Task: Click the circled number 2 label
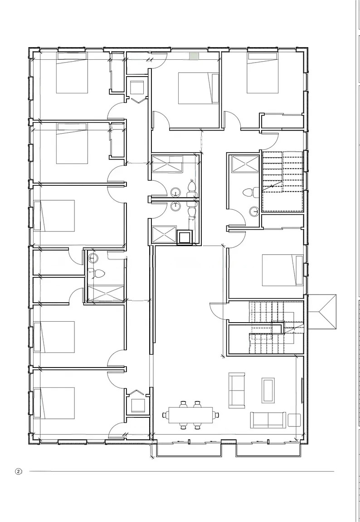point(18,471)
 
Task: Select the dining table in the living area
point(191,415)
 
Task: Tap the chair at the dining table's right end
point(216,415)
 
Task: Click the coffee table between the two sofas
point(268,391)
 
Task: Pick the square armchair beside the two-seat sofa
point(294,420)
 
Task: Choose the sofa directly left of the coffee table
point(237,391)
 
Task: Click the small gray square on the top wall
point(194,56)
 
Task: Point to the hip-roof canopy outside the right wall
point(322,312)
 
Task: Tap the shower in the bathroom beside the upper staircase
point(245,164)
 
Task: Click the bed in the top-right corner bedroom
point(263,73)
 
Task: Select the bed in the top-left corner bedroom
point(72,73)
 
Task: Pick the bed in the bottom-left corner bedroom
point(54,403)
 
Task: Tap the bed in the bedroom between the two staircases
point(283,270)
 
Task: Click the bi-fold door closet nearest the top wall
point(137,88)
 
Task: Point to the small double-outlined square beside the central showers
point(184,238)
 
